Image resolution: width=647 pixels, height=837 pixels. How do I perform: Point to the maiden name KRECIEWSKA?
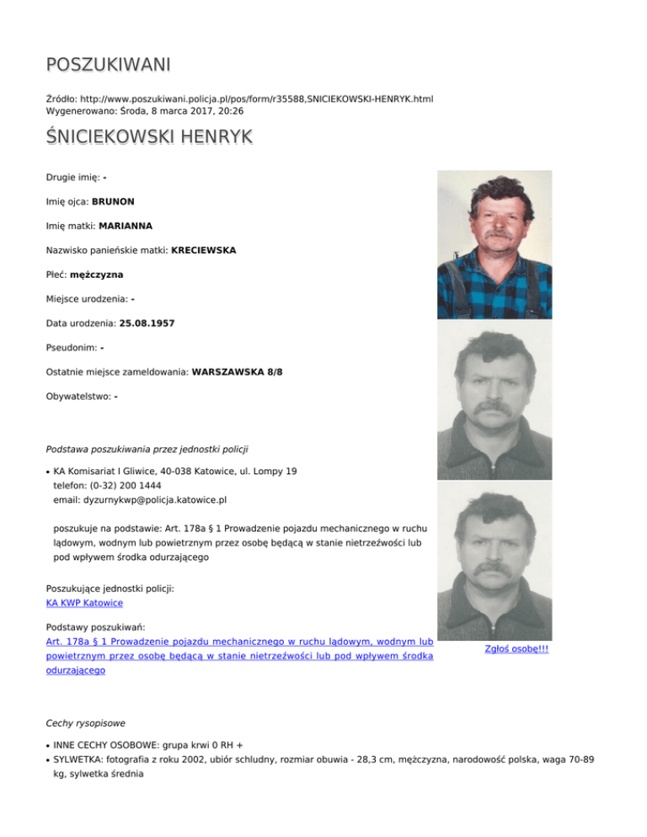coord(203,250)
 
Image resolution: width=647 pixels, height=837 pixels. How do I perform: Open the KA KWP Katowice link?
coord(84,603)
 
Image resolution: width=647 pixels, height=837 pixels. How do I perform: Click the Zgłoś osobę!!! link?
coord(517,649)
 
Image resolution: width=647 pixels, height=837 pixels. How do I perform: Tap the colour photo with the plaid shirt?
coord(495,244)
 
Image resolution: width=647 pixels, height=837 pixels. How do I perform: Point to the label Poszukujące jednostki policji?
coord(110,589)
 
